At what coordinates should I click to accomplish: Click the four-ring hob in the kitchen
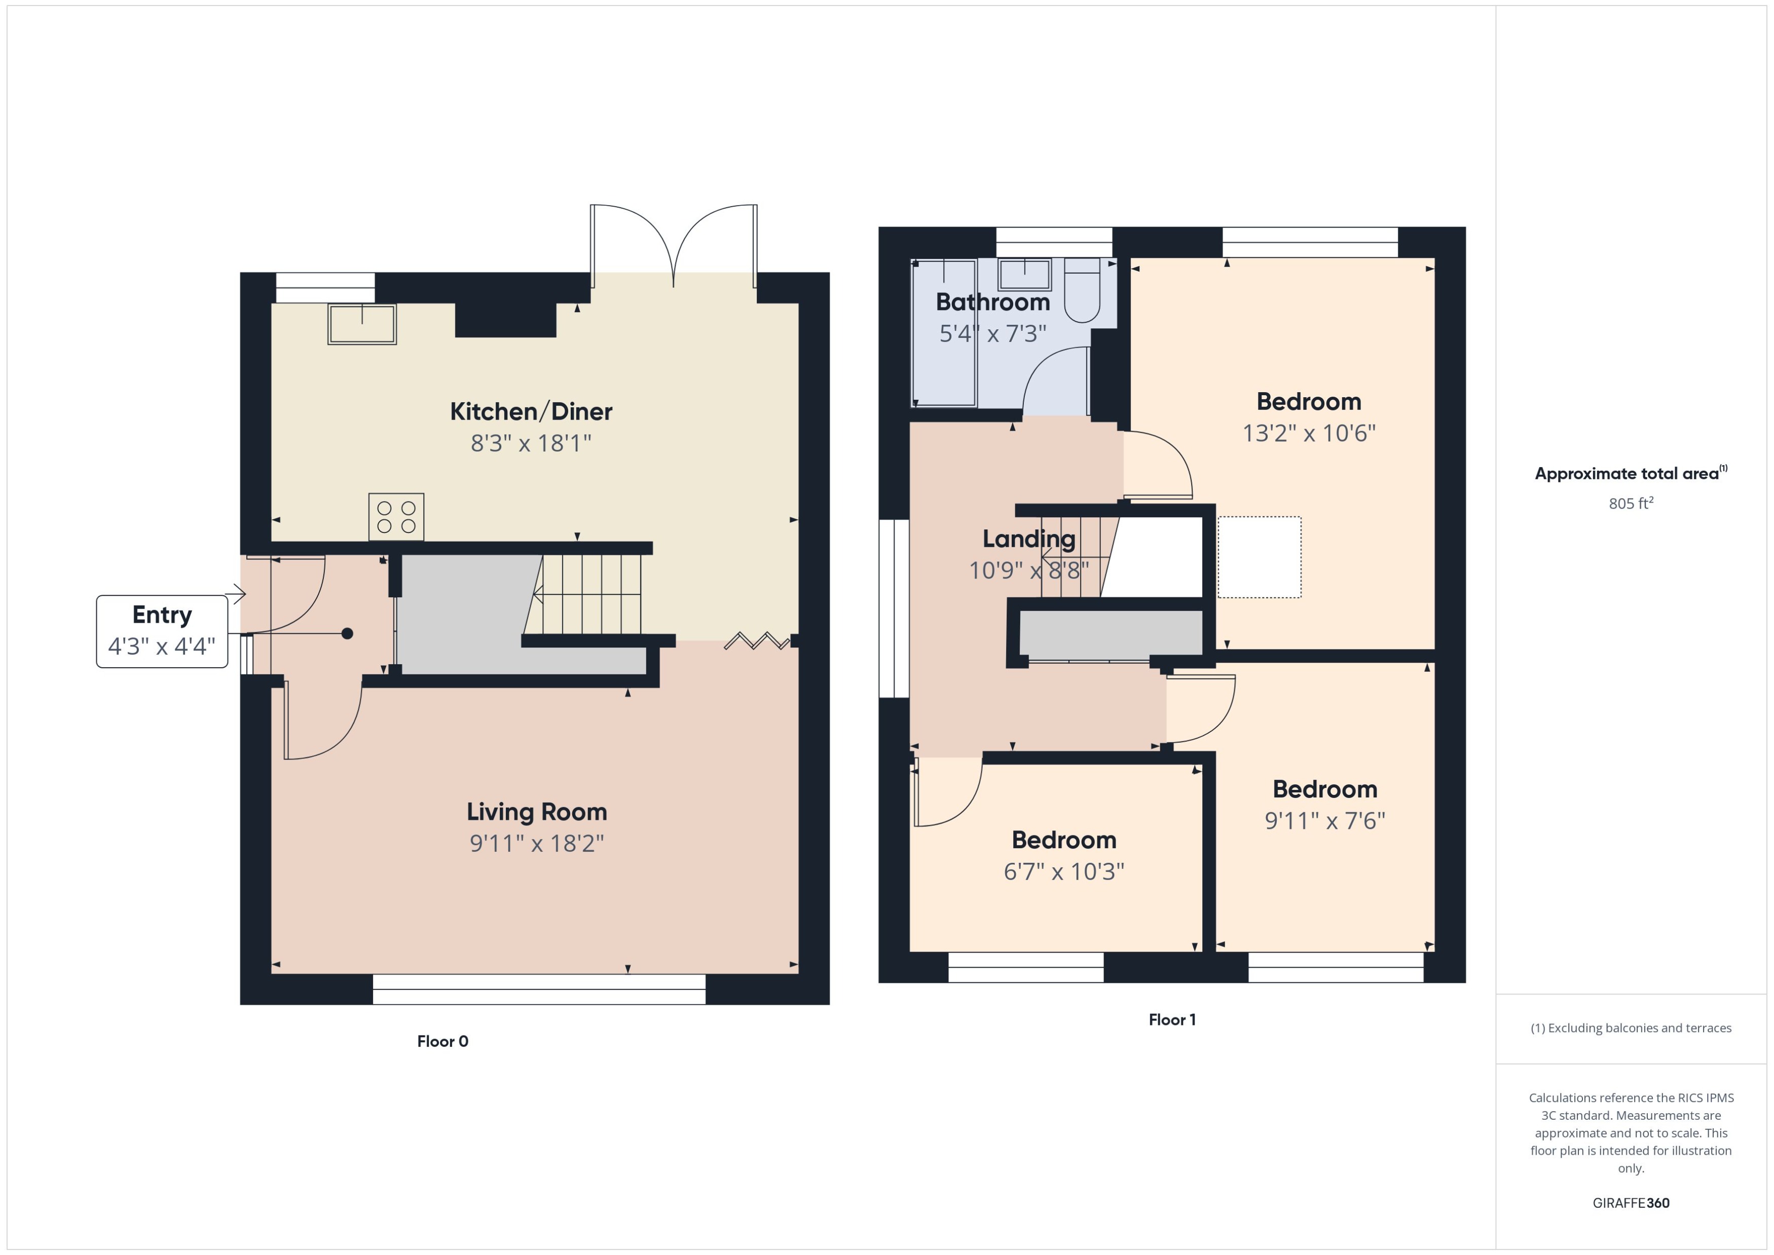coord(396,517)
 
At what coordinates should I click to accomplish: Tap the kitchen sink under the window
coord(362,324)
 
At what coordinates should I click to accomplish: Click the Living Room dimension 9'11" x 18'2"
coord(536,843)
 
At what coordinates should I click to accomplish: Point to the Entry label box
coord(162,631)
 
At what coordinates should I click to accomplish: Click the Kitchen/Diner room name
coord(531,411)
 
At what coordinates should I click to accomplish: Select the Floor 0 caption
coord(442,1041)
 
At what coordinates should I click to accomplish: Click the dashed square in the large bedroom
coord(1259,557)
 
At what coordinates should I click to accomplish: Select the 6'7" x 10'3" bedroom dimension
coord(1063,871)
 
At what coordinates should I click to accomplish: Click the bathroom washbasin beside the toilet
coord(1024,274)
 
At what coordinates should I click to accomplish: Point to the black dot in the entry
coord(347,634)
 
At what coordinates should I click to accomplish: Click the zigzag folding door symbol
coord(756,640)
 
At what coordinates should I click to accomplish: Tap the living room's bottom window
coord(539,989)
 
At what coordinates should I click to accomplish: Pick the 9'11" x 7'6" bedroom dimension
coord(1324,821)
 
